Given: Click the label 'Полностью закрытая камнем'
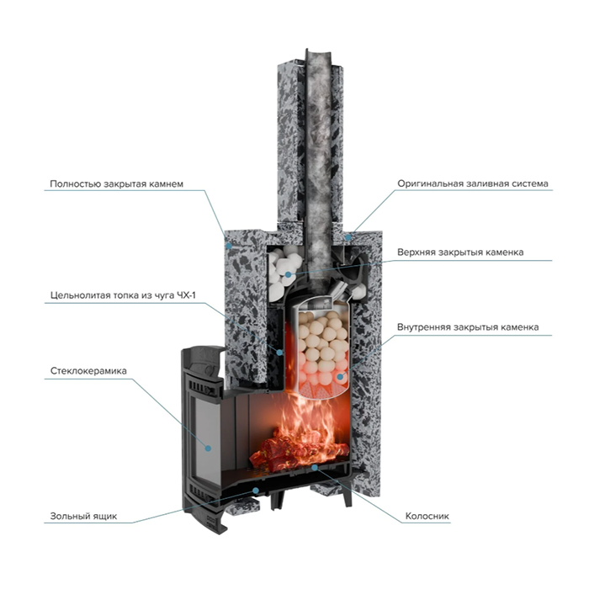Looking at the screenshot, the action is coord(116,184).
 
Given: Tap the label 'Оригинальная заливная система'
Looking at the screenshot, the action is coord(473,183).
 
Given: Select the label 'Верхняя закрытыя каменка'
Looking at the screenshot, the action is coord(460,252).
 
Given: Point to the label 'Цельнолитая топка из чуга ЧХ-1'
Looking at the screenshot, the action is coord(123,295).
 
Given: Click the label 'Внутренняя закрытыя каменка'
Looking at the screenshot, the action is coord(468,327).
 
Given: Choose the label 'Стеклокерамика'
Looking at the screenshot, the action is coord(88,371).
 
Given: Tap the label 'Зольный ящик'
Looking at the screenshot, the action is coord(83,516).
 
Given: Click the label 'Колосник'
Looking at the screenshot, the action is coord(427,516).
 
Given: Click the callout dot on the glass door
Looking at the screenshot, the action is coord(208,448).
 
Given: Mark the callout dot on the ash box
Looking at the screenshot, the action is coord(256,490).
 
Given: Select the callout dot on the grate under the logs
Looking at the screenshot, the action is coord(315,467).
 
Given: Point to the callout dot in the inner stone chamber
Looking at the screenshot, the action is coord(340,377).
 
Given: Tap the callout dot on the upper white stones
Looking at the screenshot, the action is coord(288,274).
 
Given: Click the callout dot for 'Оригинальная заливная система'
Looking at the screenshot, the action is coord(348,237).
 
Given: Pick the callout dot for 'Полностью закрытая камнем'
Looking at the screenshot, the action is coord(229,246).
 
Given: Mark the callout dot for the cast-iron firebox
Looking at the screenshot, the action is coord(279,353).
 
